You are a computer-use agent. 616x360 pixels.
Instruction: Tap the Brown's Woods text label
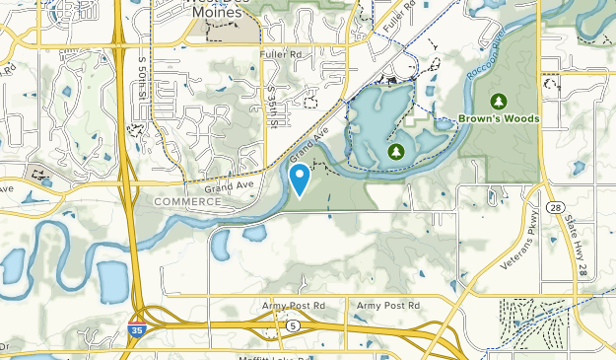[x=499, y=119]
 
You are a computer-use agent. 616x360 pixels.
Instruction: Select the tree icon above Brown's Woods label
[x=499, y=101]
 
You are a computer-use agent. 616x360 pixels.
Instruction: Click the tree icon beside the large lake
[x=396, y=151]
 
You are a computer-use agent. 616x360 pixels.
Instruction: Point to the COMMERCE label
[x=187, y=201]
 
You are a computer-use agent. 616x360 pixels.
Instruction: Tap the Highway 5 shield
[x=293, y=324]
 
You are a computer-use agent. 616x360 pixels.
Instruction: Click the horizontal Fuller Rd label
[x=278, y=54]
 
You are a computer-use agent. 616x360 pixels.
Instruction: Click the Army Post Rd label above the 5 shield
[x=293, y=306]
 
